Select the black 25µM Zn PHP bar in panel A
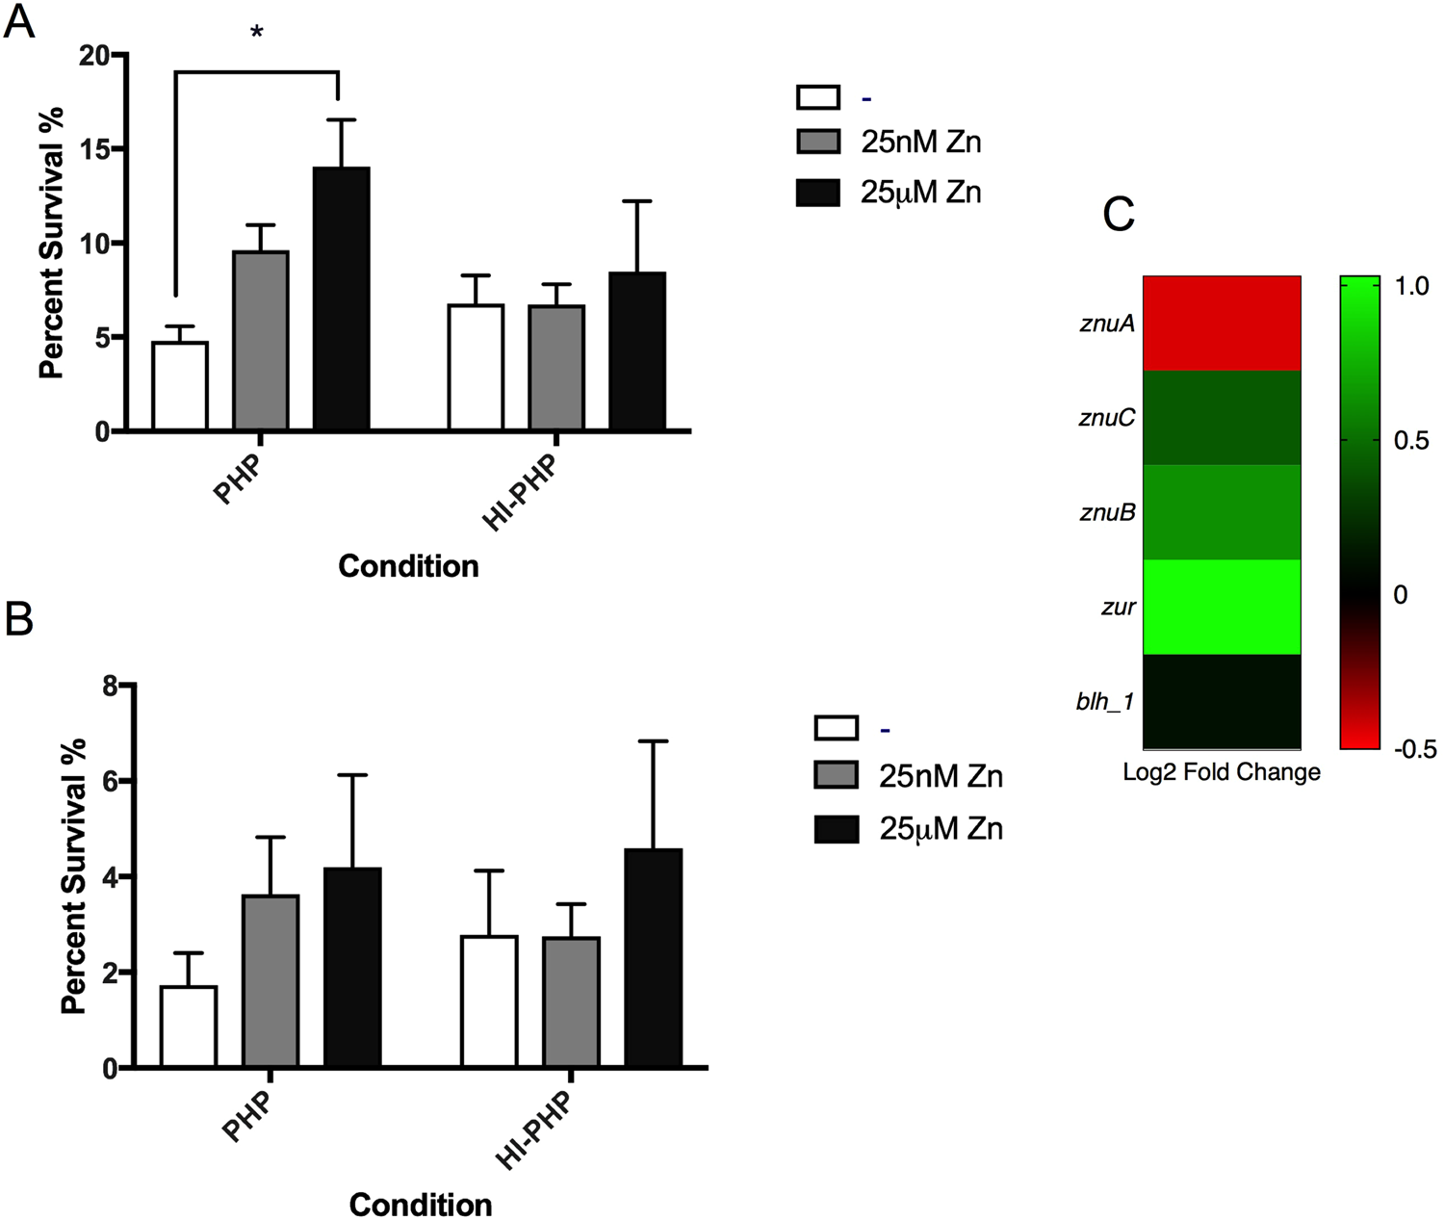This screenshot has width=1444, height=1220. pos(342,299)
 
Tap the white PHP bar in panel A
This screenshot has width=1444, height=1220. pos(180,385)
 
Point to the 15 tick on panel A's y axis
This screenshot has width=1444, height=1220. pos(95,149)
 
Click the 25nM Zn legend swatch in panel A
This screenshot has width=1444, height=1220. pos(818,142)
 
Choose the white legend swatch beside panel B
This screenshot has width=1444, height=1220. pos(836,727)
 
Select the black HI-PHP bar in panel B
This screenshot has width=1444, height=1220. pos(654,957)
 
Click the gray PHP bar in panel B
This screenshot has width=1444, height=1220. pos(271,980)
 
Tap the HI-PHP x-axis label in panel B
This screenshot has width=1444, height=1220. pos(534,1131)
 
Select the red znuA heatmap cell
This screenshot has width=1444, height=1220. pos(1222,324)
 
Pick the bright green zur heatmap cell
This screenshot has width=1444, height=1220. pos(1222,607)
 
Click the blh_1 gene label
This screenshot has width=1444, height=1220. pos(1105,702)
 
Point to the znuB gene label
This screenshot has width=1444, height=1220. pos(1107,512)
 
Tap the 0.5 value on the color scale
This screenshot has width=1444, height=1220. pos(1412,441)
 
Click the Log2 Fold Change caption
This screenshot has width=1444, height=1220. pos(1222,772)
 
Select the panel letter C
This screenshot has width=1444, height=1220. pos(1119,216)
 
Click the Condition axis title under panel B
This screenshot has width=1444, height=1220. pos(421,1205)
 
